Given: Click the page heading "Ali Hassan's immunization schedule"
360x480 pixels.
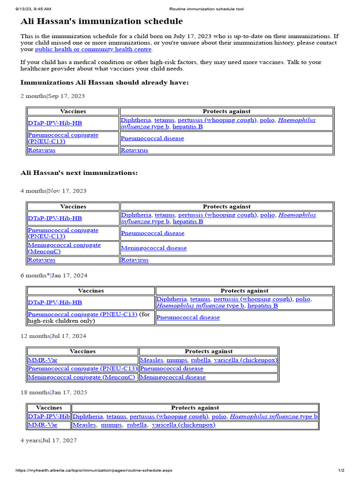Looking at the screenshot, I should tap(102, 22).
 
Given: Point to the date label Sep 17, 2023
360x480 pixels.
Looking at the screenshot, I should tap(67, 96).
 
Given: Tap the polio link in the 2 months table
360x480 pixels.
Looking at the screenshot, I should tap(267, 120).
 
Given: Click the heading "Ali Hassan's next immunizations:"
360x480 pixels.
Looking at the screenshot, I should tap(79, 173).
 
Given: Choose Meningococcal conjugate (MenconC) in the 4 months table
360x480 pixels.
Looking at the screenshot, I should tap(64, 248).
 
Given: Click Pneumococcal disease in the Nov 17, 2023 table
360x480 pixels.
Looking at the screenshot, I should tap(153, 233).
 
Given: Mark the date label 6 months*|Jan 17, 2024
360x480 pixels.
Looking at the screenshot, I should tap(54, 276).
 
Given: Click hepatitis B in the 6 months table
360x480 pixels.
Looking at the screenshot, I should tap(262, 306).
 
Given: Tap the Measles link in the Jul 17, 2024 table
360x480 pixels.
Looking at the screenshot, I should tap(151, 360).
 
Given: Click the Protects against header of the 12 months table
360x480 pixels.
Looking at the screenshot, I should tap(209, 351).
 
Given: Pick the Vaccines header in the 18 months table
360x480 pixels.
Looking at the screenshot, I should tap(49, 408).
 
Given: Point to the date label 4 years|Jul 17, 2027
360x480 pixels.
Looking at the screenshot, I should tap(49, 441).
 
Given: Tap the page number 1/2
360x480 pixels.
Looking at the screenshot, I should tap(341, 470).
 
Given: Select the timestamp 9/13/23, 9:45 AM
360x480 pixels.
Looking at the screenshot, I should tap(33, 9).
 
